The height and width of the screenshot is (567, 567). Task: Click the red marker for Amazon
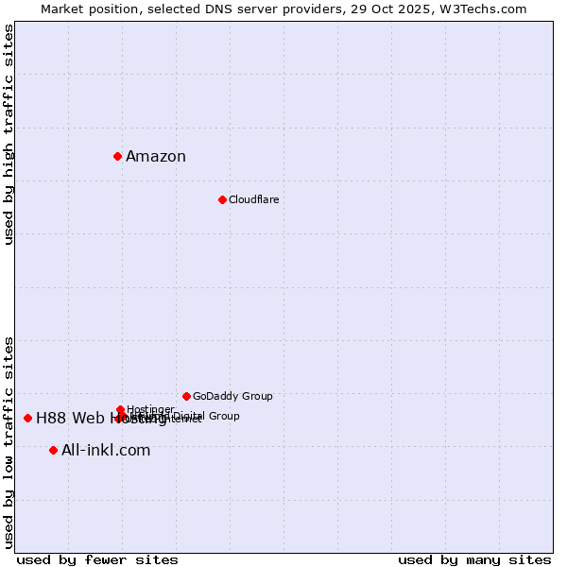[117, 156]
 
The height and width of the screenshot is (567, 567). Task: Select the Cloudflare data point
[222, 199]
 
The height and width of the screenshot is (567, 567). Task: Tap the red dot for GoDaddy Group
[186, 396]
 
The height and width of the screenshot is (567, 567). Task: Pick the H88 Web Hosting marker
[27, 418]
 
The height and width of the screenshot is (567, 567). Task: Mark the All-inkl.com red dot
[53, 450]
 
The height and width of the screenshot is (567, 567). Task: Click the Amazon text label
[156, 157]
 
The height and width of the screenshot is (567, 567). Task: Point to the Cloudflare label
[253, 199]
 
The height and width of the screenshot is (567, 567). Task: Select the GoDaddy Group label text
[232, 396]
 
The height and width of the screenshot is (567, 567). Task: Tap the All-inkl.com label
[106, 451]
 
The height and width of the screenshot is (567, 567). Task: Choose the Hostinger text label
[150, 409]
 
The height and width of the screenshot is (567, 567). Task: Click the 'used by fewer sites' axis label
[97, 559]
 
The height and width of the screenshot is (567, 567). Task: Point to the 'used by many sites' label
[474, 559]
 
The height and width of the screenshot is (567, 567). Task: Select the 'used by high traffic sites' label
[9, 134]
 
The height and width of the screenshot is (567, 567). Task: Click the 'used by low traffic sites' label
[9, 441]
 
